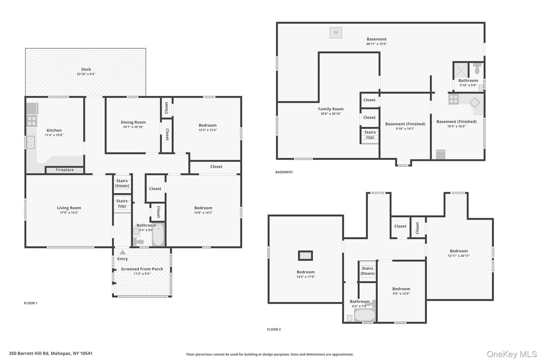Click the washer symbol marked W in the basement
(x=336, y=33)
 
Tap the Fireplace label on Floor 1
(x=65, y=170)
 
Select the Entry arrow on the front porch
(x=123, y=252)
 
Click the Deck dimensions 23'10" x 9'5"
(x=86, y=74)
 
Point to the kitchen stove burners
(x=32, y=121)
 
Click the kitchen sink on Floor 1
(x=31, y=142)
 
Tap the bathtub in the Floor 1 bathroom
(x=158, y=234)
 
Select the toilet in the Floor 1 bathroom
(x=138, y=241)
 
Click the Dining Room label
(x=133, y=122)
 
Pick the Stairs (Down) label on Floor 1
(x=122, y=183)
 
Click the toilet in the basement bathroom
(x=477, y=68)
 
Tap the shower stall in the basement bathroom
(x=461, y=70)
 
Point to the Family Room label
(x=331, y=109)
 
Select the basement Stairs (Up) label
(x=370, y=135)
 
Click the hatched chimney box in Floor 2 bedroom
(x=305, y=256)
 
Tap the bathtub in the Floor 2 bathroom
(x=364, y=315)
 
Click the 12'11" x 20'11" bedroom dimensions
(x=459, y=256)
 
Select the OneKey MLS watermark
(x=512, y=354)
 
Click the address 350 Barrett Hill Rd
(x=29, y=353)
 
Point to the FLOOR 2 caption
(x=274, y=329)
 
